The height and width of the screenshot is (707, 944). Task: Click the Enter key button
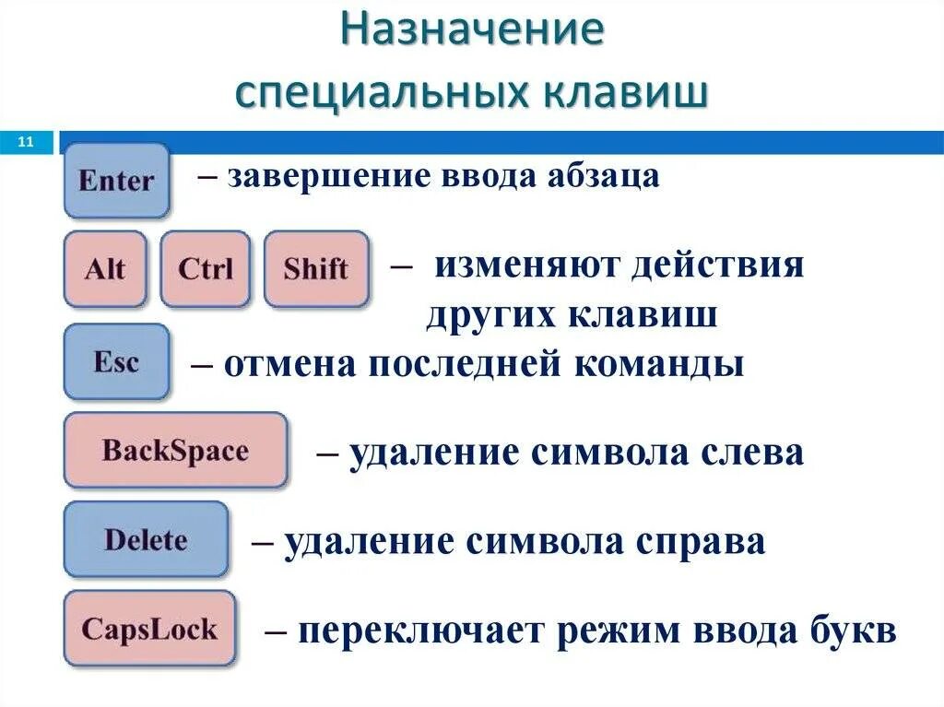[116, 180]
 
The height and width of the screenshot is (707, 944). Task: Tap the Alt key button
[105, 269]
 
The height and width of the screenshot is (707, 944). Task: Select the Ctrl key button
[205, 269]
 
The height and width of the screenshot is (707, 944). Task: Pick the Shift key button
[315, 269]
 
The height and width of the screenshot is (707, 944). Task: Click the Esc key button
[116, 361]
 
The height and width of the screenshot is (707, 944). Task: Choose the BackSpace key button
[175, 451]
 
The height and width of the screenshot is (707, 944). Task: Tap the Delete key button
[146, 539]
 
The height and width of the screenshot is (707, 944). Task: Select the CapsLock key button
[149, 630]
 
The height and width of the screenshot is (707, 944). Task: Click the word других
[489, 316]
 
